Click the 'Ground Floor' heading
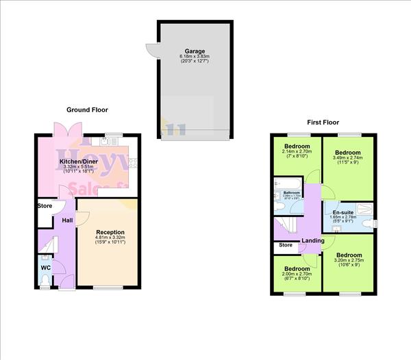pos(87,110)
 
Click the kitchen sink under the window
pos(108,142)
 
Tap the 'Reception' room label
pos(110,233)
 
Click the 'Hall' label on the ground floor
pos(68,220)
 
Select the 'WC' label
pos(45,268)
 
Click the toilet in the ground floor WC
pos(45,280)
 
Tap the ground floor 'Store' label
pos(45,205)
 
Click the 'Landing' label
pos(313,240)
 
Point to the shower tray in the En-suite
pos(363,205)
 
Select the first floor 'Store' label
pos(286,245)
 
